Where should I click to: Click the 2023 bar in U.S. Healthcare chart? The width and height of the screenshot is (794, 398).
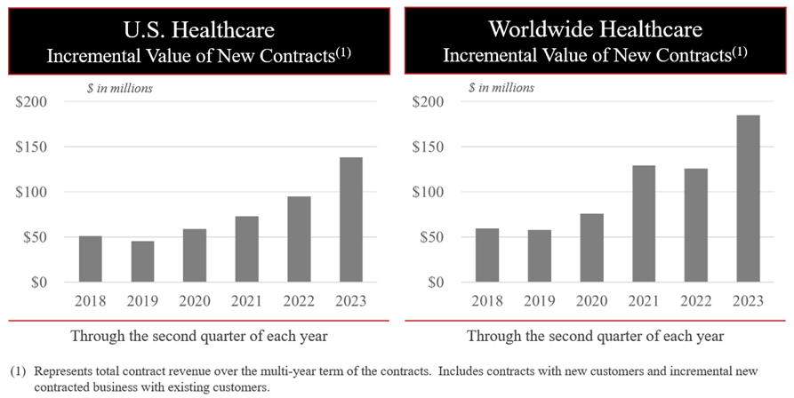coord(352,219)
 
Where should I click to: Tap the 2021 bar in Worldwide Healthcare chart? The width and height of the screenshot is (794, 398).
coord(643,224)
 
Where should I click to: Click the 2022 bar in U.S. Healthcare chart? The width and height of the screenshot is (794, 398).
coord(300,239)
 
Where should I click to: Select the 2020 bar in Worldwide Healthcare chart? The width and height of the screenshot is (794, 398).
coord(591,248)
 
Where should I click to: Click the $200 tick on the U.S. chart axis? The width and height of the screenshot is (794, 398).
coord(31,101)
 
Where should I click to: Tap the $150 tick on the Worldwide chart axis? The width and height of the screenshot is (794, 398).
coord(429,147)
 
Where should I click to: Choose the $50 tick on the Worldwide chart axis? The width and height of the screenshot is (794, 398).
coord(433,237)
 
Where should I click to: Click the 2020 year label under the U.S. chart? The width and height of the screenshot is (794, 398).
coord(195,300)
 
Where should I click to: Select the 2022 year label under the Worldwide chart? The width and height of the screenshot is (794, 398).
coord(694,300)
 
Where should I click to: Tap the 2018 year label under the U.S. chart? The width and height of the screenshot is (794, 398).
coord(90,300)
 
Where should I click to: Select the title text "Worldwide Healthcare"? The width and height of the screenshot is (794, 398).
coord(595,29)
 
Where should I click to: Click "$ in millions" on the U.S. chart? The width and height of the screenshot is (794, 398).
coord(119,87)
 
